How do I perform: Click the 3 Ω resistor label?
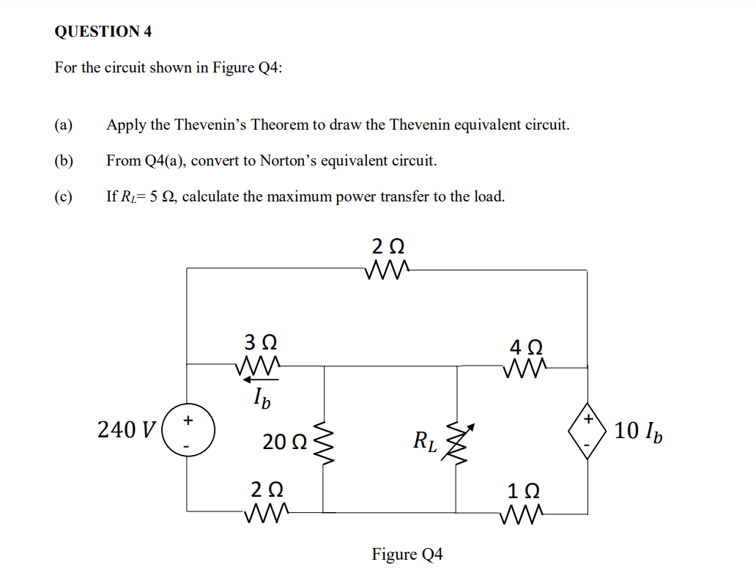coord(260,342)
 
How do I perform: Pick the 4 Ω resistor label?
coord(525,346)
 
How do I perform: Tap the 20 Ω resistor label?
coord(284,442)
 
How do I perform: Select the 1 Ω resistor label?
coord(524,490)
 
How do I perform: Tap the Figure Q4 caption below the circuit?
coord(407,554)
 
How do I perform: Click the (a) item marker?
coord(64,125)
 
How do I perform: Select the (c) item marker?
coord(64,196)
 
